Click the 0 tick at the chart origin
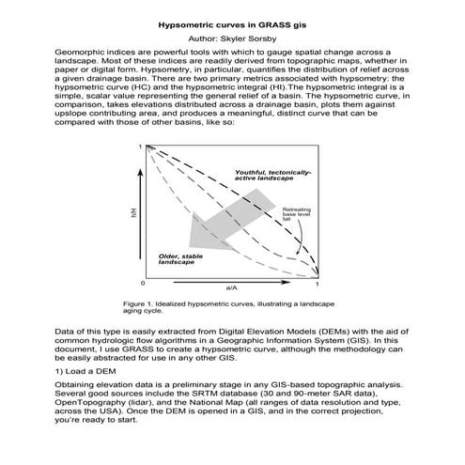142,282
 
